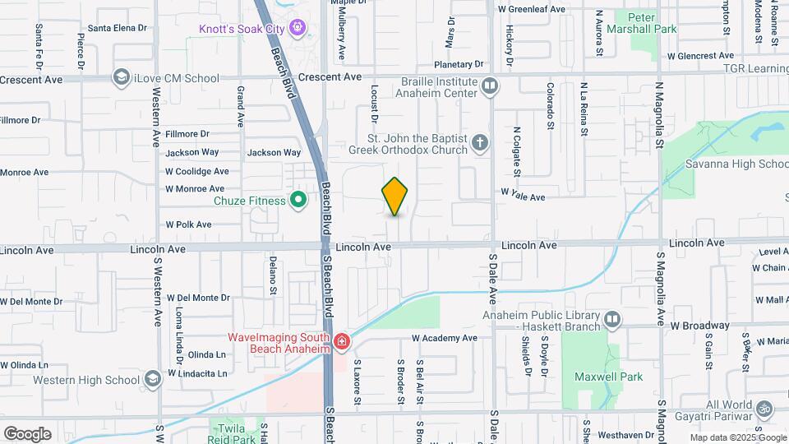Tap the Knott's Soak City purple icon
pos(298,29)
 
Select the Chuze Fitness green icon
pos(299,200)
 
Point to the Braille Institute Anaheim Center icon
pos(490,85)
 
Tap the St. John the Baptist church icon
pos(480,144)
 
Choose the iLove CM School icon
pos(122,78)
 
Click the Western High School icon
pos(151,379)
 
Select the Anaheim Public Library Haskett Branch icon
pos(611,319)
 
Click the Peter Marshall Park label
pos(652,22)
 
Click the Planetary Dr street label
pos(461,64)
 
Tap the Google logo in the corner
pos(27,433)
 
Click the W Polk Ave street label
pos(188,224)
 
